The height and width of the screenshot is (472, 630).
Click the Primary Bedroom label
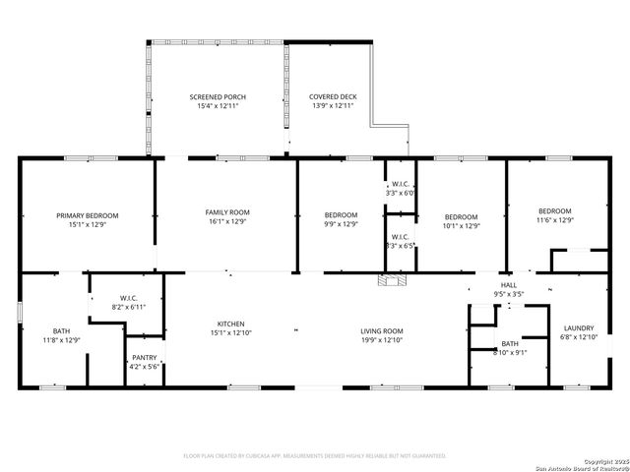click(x=87, y=215)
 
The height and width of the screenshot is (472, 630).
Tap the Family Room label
click(x=227, y=212)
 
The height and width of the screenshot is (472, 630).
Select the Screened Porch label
click(x=218, y=97)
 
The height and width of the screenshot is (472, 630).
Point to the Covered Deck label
click(x=333, y=97)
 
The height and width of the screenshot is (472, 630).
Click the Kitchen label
click(x=231, y=324)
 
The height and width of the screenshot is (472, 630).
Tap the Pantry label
click(x=143, y=357)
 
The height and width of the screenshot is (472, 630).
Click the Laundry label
click(x=578, y=328)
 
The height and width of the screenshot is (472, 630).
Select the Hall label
click(x=508, y=284)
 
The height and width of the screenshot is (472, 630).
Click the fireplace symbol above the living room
click(x=391, y=281)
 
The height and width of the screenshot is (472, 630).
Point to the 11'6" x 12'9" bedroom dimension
click(x=554, y=221)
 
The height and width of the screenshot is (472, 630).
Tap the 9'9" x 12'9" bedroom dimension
click(x=341, y=224)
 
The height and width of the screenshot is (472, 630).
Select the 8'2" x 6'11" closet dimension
click(x=127, y=307)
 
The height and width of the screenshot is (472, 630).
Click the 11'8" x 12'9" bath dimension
click(x=62, y=340)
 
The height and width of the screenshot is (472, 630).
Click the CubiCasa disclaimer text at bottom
click(x=315, y=455)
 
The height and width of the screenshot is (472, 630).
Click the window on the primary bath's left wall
click(x=20, y=313)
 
